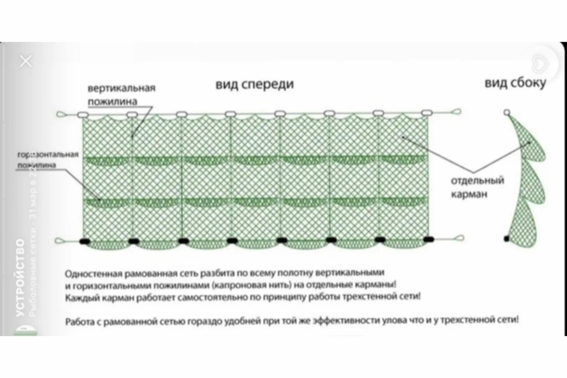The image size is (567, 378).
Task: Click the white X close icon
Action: tap(26, 61)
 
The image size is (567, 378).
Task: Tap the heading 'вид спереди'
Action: tap(255, 84)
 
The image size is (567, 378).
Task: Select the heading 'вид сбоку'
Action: tap(515, 83)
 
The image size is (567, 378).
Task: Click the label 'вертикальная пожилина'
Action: tap(121, 94)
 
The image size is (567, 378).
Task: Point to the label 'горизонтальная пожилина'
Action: tap(48, 159)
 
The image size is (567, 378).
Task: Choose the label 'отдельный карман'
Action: tap(477, 187)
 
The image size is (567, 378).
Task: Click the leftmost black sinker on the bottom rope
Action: tap(85, 241)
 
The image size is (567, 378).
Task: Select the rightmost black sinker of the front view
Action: tap(428, 239)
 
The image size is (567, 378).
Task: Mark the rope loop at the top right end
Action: tap(456, 112)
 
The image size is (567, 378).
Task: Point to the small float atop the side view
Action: tap(507, 112)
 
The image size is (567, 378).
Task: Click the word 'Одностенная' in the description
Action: tap(93, 274)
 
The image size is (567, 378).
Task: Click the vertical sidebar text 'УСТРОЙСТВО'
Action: tap(20, 278)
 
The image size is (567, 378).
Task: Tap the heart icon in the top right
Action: tap(540, 64)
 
